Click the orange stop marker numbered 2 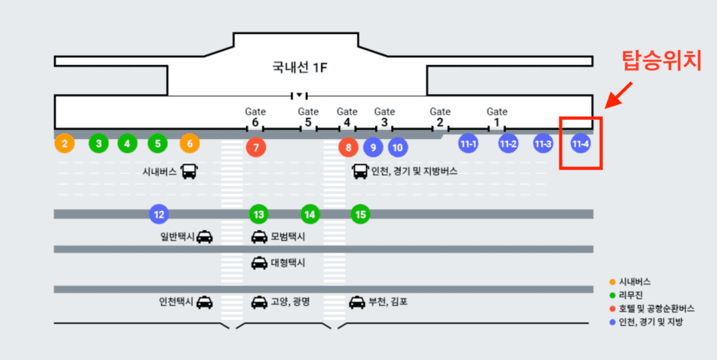pos(65,143)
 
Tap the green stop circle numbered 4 pos(127,143)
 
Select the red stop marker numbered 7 pos(256,147)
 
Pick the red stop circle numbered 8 pos(348,147)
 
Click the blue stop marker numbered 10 pos(398,147)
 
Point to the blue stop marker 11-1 pos(469,143)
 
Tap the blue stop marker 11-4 pos(580,143)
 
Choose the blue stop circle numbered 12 pos(158,214)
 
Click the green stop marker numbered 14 pos(310,214)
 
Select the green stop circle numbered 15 pos(360,214)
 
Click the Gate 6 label pos(256,116)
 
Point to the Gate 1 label pos(497,116)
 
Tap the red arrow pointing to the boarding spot pos(617,94)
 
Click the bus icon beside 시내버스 pos(189,172)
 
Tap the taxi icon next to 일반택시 pos(204,237)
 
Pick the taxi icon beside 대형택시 pos(258,263)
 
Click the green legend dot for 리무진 pos(613,295)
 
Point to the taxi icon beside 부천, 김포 pos(357,302)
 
